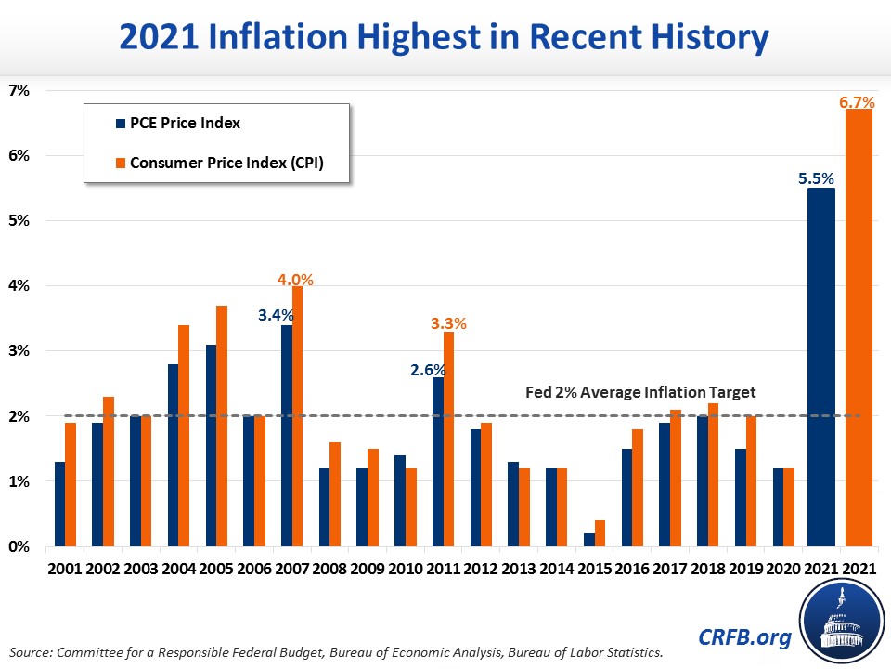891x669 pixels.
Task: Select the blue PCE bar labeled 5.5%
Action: tap(821, 367)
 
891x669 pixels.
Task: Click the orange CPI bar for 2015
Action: tap(600, 533)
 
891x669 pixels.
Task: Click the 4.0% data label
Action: tap(297, 279)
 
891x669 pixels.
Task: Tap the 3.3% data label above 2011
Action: tap(448, 324)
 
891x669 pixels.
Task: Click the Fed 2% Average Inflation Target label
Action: tap(641, 393)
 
